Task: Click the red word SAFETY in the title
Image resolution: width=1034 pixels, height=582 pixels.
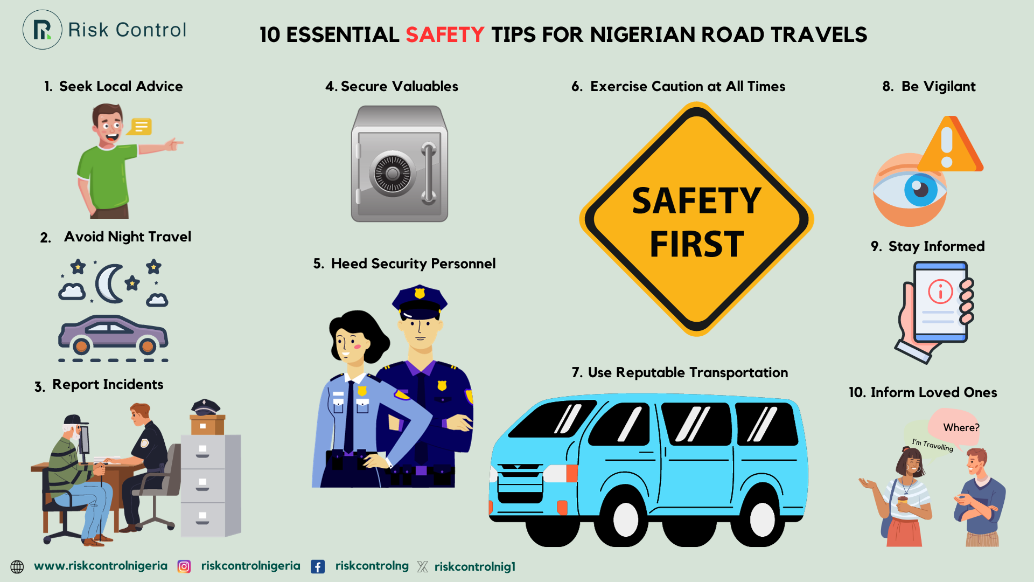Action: click(x=445, y=35)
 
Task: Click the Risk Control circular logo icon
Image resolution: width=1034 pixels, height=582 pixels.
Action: click(x=43, y=30)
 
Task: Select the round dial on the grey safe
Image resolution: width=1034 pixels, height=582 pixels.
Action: click(x=393, y=174)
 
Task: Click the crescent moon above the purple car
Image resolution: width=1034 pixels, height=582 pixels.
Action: click(x=109, y=283)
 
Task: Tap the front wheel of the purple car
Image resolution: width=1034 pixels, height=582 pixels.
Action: click(x=81, y=345)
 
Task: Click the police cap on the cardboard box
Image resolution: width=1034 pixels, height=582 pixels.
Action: click(x=205, y=407)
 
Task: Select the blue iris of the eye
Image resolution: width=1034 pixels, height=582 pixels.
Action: click(x=920, y=190)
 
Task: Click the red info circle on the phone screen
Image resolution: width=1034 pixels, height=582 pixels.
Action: click(x=940, y=292)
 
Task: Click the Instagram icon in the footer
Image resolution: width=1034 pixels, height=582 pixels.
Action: click(x=184, y=566)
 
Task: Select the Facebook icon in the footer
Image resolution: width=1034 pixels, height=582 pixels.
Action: click(x=318, y=566)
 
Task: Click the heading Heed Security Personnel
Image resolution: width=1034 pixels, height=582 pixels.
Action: click(x=405, y=264)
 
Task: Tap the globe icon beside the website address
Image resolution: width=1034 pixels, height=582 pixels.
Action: click(x=17, y=566)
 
